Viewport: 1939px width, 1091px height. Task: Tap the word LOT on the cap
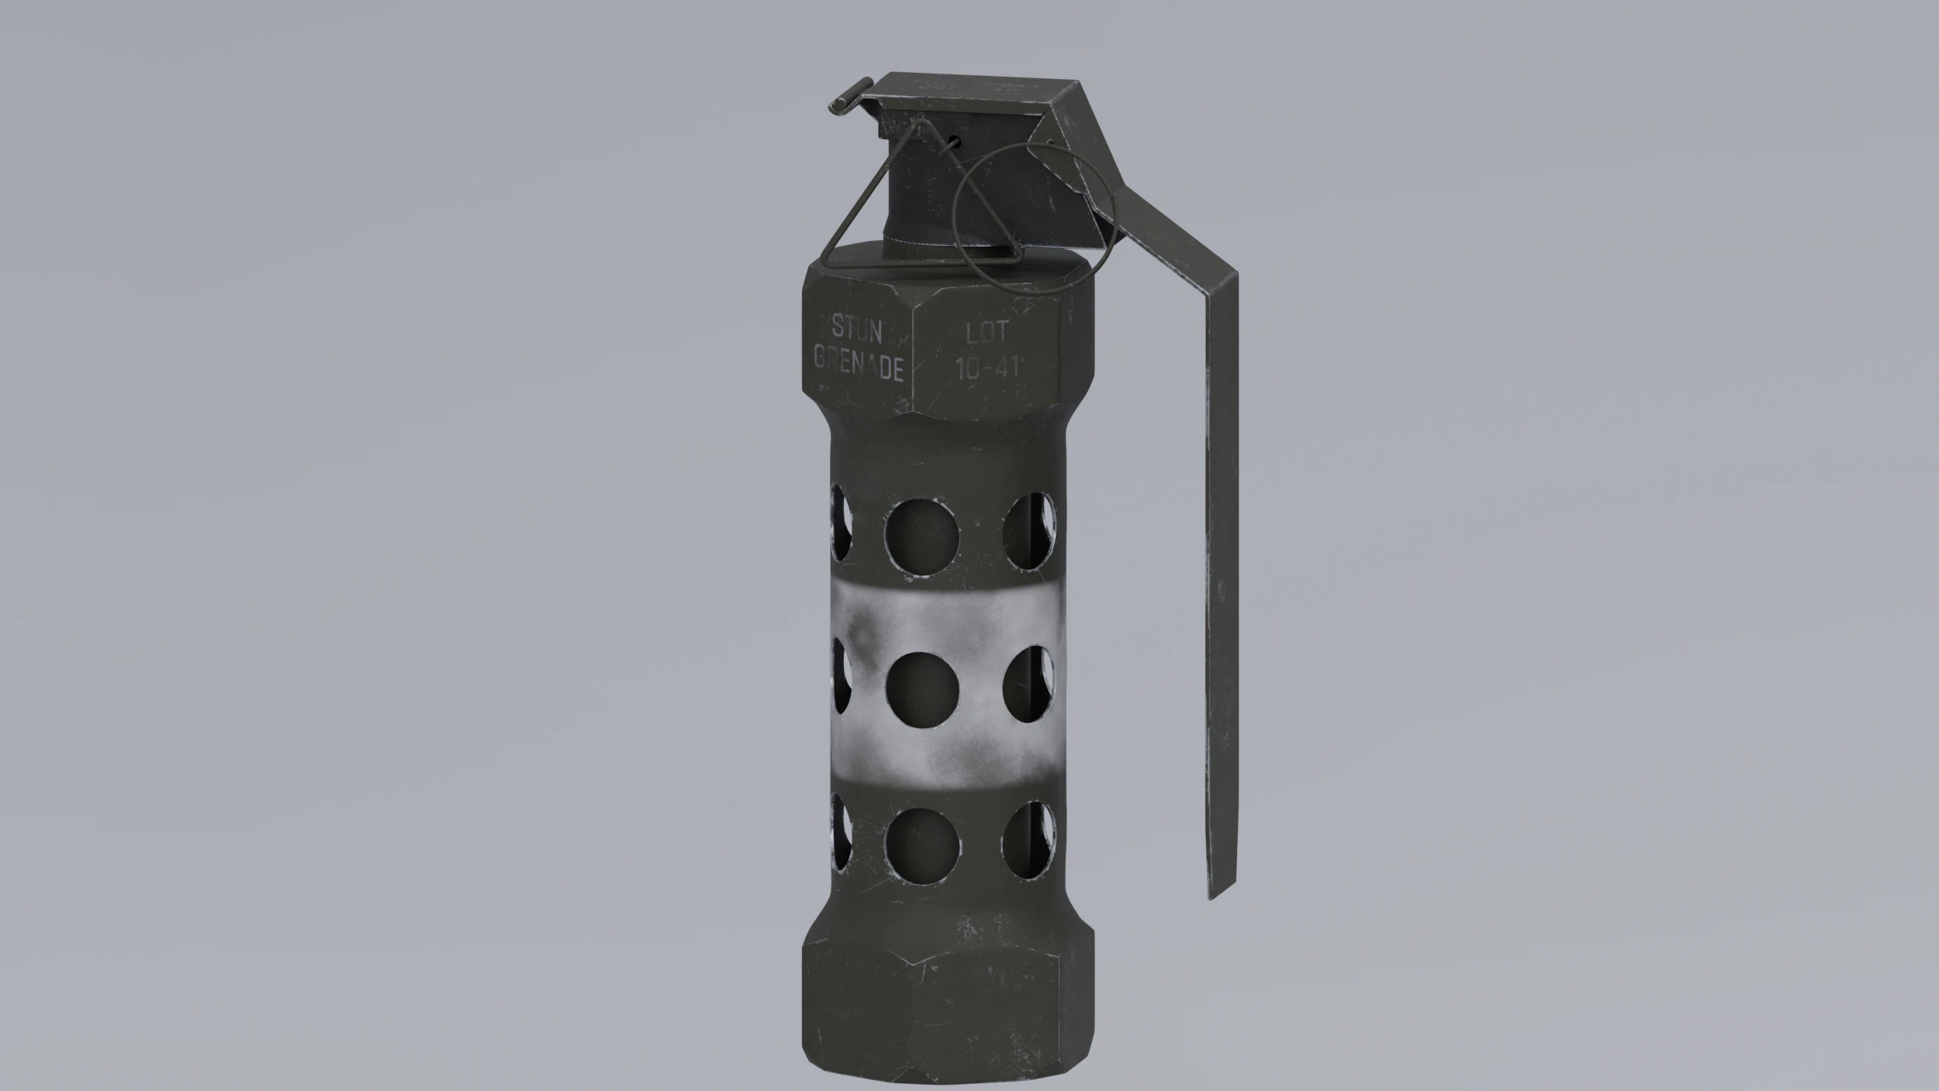986,333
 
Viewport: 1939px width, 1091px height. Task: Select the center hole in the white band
921,689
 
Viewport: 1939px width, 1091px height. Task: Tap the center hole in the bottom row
921,844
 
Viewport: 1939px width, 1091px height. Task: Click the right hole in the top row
1030,532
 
